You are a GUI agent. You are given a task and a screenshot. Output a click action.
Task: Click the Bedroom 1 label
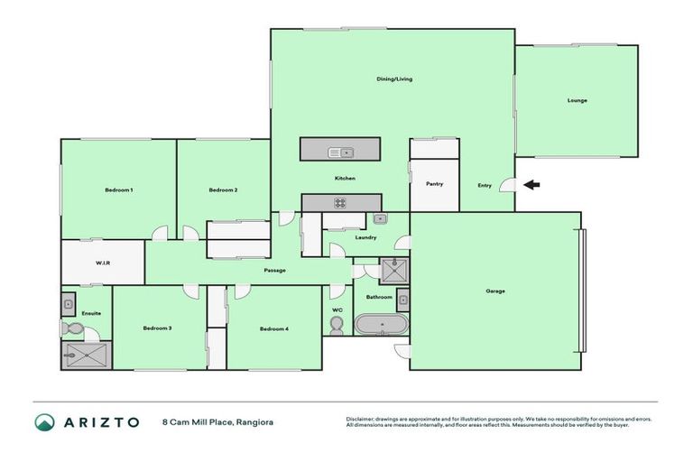(118, 189)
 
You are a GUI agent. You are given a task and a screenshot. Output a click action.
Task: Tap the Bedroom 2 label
(223, 189)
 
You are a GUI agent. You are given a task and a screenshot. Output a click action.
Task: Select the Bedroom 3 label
(157, 328)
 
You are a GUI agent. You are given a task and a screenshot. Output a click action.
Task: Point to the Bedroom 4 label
(274, 328)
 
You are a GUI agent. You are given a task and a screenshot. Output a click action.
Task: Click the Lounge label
(577, 100)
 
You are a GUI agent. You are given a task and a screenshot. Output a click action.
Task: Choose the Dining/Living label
(394, 79)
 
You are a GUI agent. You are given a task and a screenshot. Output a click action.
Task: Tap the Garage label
(495, 291)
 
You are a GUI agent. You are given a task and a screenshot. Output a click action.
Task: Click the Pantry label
(434, 184)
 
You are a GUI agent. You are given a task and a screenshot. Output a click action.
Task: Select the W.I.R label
(103, 263)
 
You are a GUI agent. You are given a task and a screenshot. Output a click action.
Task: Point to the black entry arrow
(532, 185)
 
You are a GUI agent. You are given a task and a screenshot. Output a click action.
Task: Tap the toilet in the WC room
(337, 325)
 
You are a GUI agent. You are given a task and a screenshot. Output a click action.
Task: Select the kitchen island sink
(342, 152)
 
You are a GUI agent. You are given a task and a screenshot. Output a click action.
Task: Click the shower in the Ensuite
(86, 355)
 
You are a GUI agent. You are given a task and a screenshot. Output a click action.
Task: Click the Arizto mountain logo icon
(44, 421)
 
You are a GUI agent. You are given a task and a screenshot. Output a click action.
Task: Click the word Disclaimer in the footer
(361, 419)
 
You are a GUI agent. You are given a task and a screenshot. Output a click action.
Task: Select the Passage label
(275, 270)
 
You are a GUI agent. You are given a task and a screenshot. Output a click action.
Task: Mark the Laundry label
(365, 237)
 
